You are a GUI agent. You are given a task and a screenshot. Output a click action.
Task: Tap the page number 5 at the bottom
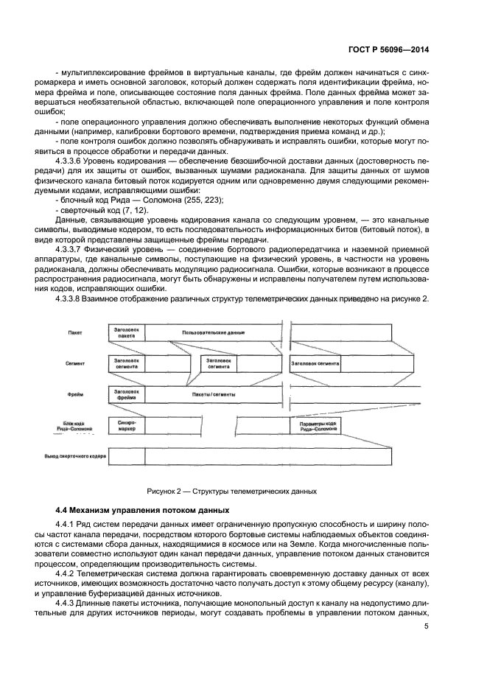coord(427,626)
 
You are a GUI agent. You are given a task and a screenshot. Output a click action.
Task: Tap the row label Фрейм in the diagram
coord(74,394)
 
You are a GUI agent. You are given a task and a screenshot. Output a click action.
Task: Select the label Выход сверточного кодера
coord(76,457)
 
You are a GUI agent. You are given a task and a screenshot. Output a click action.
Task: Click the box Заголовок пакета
coord(127,332)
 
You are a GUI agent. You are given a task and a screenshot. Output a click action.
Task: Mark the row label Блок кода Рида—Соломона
coord(76,426)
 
